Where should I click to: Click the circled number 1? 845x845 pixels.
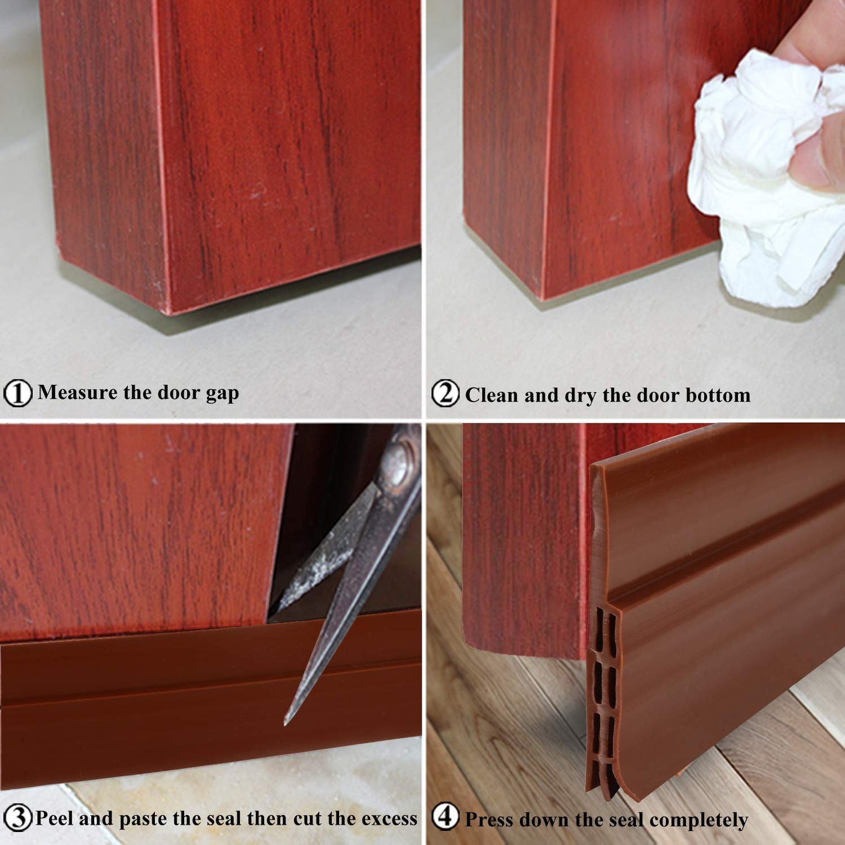(x=18, y=394)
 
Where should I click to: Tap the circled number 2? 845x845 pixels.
(x=445, y=394)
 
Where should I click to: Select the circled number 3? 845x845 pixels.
(x=18, y=818)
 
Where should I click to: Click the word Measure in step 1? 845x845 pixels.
(x=77, y=392)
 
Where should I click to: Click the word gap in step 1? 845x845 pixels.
(x=222, y=394)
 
